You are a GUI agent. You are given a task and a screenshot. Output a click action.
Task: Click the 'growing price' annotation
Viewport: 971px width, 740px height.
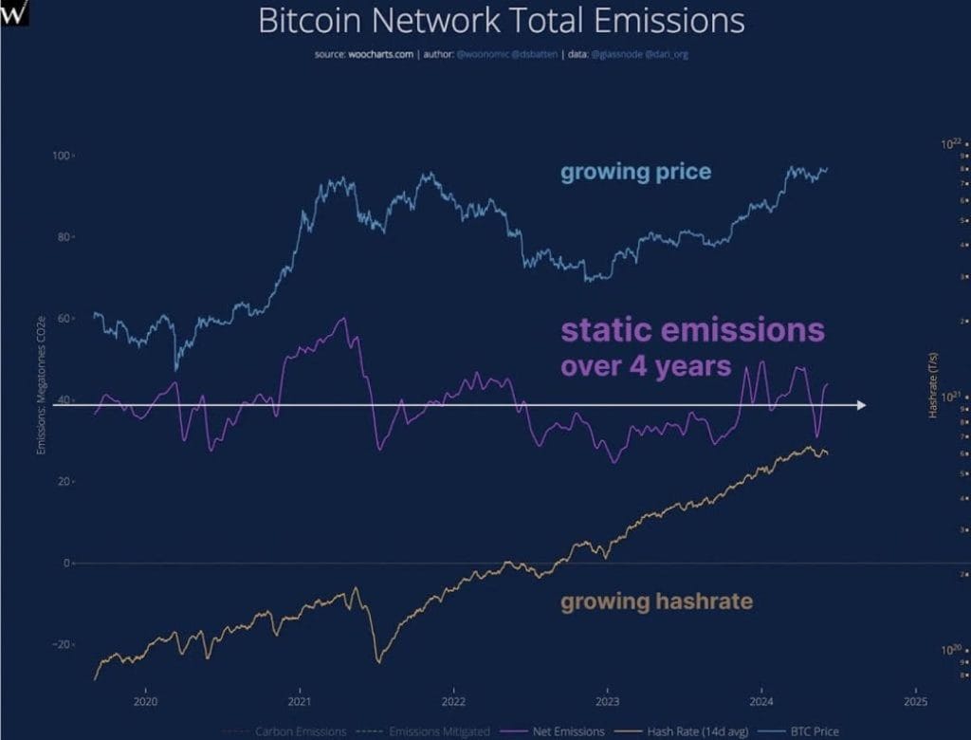pyautogui.click(x=635, y=173)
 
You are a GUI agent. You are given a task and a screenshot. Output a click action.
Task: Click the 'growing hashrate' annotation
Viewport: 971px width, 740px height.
pyautogui.click(x=656, y=601)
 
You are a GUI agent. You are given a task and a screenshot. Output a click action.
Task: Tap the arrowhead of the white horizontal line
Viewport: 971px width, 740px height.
pyautogui.click(x=860, y=405)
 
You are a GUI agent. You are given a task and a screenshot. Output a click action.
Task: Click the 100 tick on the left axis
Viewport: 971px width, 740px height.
pyautogui.click(x=62, y=155)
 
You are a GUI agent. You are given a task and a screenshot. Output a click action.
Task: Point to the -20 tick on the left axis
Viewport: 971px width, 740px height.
pyautogui.click(x=62, y=644)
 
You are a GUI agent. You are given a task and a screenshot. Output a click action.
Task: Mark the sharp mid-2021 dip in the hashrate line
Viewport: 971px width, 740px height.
pyautogui.click(x=378, y=660)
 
